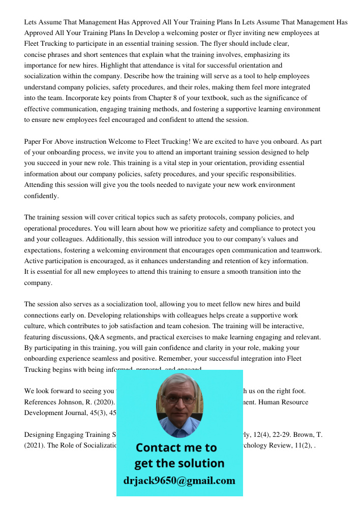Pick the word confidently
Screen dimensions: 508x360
click(x=42, y=196)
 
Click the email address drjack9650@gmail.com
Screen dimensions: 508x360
click(x=179, y=481)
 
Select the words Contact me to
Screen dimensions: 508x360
click(x=176, y=448)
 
